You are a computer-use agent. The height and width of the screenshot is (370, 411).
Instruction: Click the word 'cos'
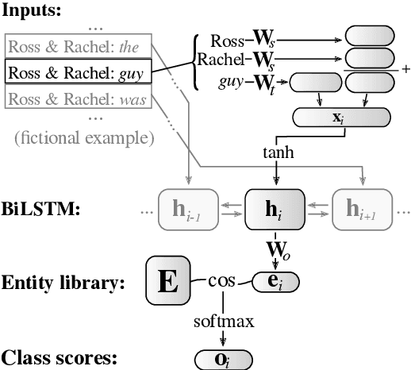[x=224, y=280]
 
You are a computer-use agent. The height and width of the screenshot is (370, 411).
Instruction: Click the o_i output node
[x=223, y=359]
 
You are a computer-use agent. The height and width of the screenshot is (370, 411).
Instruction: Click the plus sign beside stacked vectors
[x=405, y=70]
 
